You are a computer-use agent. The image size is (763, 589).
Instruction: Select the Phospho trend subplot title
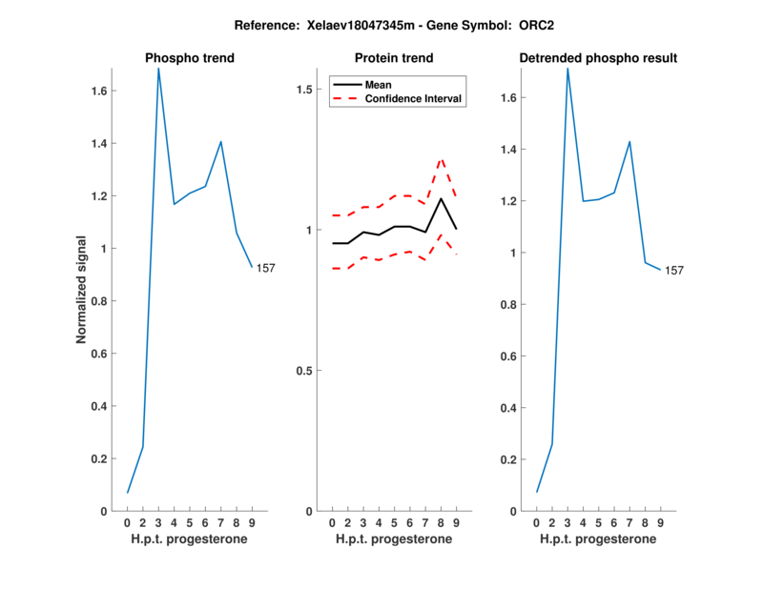pyautogui.click(x=190, y=58)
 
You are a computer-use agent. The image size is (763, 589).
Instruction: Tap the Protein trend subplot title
pyautogui.click(x=394, y=58)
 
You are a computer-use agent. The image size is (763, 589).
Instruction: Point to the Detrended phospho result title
pyautogui.click(x=598, y=58)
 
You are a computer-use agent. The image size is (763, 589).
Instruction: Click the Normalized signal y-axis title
pyautogui.click(x=83, y=290)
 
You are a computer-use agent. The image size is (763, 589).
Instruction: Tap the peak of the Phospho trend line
pyautogui.click(x=158, y=69)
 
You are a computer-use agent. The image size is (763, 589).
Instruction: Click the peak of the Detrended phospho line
pyautogui.click(x=567, y=69)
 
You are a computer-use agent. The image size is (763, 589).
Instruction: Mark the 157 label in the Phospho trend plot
pyautogui.click(x=266, y=268)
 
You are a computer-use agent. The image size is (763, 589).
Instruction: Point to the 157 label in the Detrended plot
pyautogui.click(x=674, y=271)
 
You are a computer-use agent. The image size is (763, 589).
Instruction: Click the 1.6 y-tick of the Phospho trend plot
pyautogui.click(x=96, y=91)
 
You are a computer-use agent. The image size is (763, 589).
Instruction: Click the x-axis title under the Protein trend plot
pyautogui.click(x=394, y=539)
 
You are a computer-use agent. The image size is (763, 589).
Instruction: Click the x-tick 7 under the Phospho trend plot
pyautogui.click(x=220, y=522)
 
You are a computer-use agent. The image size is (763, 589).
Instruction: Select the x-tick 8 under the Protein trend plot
pyautogui.click(x=441, y=522)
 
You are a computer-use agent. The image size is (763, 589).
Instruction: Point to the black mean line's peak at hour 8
pyautogui.click(x=441, y=198)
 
